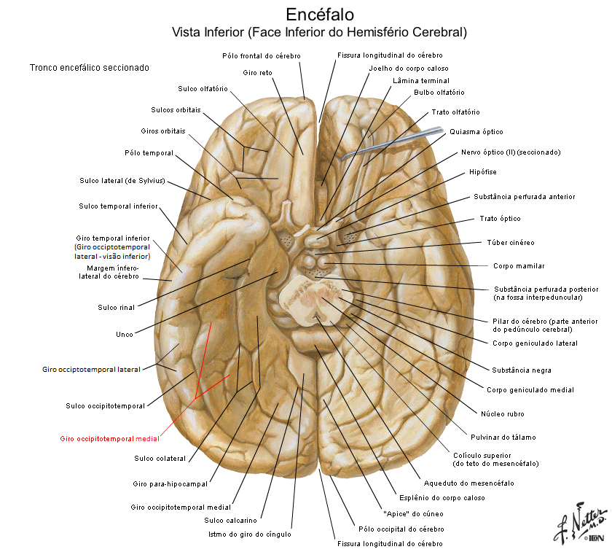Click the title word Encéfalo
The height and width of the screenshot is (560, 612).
320,14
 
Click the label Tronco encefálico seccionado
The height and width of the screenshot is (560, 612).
90,67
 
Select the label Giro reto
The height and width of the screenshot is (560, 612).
257,72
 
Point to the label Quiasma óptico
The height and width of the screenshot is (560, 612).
476,132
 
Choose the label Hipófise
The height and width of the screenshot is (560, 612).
484,172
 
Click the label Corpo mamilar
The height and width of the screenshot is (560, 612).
518,266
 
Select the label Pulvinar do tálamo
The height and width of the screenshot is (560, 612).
509,437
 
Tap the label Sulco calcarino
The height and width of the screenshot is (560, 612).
230,521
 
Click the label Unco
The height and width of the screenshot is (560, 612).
124,335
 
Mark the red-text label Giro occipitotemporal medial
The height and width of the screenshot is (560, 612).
109,439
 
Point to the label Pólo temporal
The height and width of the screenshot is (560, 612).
149,153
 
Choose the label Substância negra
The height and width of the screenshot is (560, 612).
521,370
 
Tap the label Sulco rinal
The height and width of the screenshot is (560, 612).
115,307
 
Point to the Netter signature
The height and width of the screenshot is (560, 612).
579,524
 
